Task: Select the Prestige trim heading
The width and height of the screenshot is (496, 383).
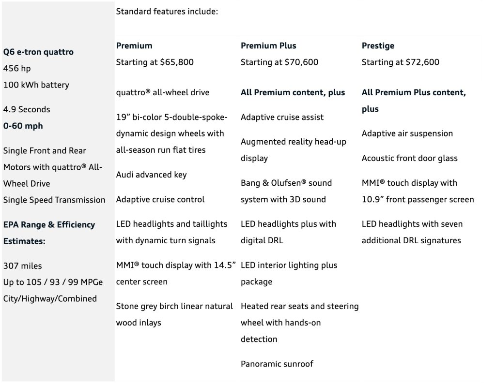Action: click(378, 46)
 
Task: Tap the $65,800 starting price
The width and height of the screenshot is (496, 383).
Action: click(175, 62)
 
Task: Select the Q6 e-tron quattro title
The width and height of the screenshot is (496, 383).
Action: click(38, 52)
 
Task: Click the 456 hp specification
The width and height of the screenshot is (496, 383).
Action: click(17, 68)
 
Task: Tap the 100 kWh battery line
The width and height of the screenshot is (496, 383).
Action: click(36, 85)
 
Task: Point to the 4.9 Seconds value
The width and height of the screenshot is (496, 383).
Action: click(27, 109)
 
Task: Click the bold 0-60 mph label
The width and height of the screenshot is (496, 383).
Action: click(23, 126)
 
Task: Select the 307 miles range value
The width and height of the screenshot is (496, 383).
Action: click(22, 265)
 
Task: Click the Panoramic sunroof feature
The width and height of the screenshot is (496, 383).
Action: click(277, 364)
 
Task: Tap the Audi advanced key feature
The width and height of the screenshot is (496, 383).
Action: click(151, 175)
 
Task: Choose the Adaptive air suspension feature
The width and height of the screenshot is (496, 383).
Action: click(407, 133)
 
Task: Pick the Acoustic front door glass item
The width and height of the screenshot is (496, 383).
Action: click(409, 158)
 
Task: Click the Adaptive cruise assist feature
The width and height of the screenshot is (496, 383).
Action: click(282, 117)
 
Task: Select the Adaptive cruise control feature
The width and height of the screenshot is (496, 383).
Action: click(160, 199)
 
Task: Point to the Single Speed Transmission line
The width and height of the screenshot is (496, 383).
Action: click(54, 200)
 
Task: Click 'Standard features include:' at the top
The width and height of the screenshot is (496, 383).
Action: click(167, 11)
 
